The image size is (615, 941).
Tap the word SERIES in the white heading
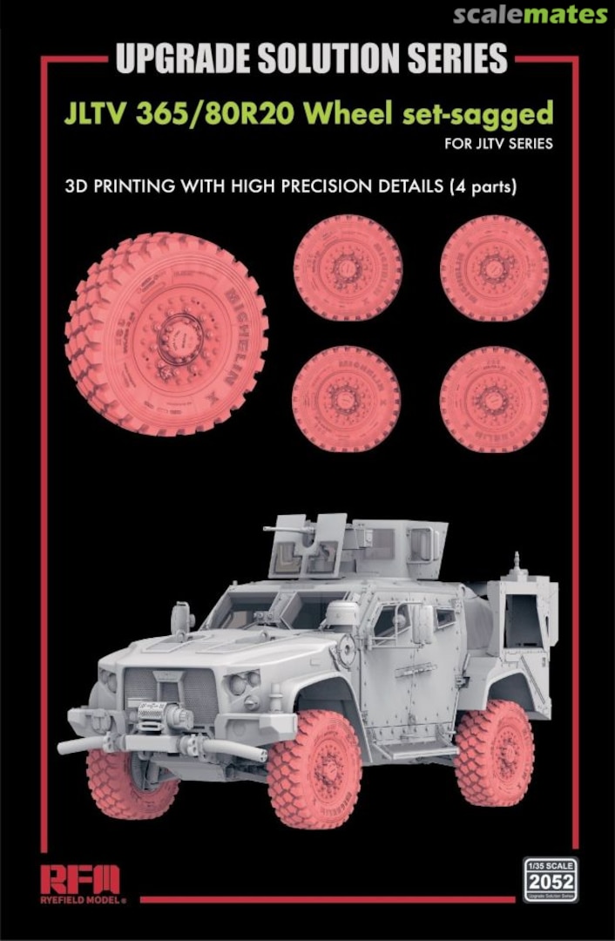tap(449, 59)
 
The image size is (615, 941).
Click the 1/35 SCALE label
tap(550, 867)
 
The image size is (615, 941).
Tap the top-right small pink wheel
tap(494, 267)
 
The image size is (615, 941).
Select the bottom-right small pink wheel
tap(494, 399)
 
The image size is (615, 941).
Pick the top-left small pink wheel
tap(348, 267)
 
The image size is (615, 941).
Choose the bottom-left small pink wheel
tap(346, 399)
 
